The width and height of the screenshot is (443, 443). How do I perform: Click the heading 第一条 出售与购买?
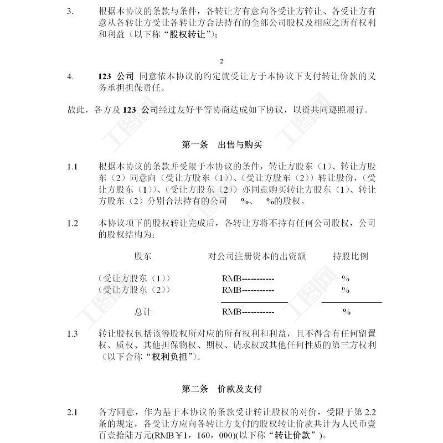point(221,145)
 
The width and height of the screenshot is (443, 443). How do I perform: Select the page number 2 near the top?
point(221,61)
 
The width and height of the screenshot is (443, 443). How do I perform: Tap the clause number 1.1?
point(72,167)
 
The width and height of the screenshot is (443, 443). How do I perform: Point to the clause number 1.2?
point(72,223)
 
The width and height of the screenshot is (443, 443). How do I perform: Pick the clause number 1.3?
point(72,334)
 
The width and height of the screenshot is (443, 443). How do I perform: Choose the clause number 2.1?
point(72,412)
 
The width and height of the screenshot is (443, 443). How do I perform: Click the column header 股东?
point(143,257)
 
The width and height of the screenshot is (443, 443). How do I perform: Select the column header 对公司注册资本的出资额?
point(257,257)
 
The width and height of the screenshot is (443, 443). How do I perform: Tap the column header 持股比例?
point(351,257)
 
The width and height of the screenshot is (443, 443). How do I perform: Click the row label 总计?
point(143,312)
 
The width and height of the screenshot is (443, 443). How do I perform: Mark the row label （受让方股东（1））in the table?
point(133,278)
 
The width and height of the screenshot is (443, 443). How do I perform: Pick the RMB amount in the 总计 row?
point(248,312)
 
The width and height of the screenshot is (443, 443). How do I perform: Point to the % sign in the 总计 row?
point(346,312)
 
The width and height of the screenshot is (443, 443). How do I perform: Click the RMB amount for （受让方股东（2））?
point(248,290)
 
